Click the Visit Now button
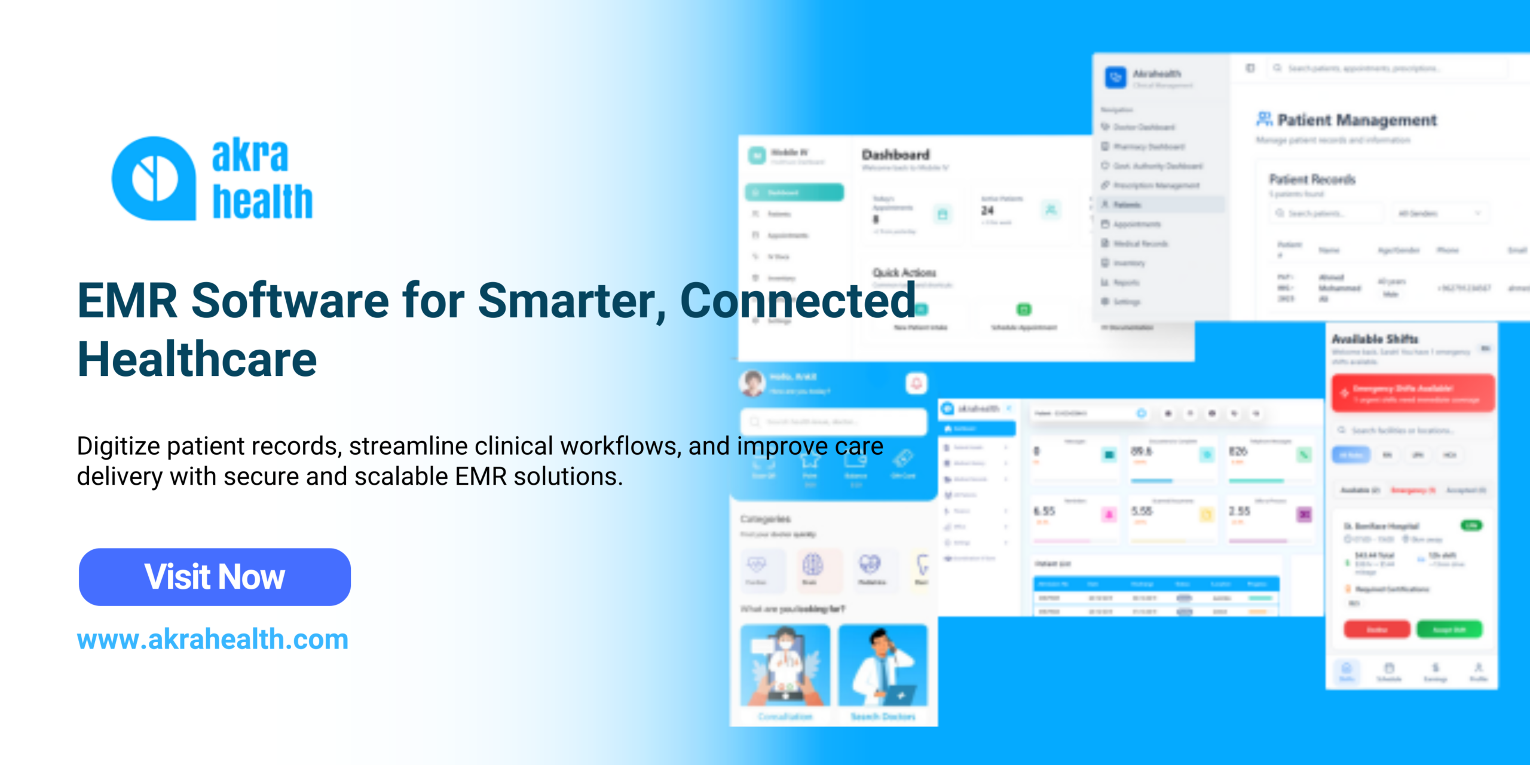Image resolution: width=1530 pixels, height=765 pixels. coord(215,577)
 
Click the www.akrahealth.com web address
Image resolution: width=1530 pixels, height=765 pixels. coord(212,639)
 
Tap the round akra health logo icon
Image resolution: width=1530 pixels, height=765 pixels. coord(154,178)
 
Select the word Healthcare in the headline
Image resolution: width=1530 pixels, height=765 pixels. coord(197,359)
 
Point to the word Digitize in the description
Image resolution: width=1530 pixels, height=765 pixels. coord(118,446)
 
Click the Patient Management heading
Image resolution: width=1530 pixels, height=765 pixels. coord(1357,120)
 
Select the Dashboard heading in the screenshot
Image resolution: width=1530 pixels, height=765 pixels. coord(895,155)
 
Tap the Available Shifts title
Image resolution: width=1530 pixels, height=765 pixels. coord(1375,339)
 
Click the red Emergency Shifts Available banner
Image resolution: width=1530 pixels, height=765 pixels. coord(1413,393)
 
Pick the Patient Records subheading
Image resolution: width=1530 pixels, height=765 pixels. coord(1312,179)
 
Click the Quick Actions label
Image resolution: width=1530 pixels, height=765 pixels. coord(904,273)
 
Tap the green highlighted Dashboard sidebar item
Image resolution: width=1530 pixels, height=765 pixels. coord(794,192)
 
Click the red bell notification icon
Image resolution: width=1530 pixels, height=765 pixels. coord(916,382)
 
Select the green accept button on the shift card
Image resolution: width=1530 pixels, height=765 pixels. coord(1449,629)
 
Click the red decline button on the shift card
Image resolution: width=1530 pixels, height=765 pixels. coord(1377,629)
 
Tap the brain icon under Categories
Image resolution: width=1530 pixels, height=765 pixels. coord(812,565)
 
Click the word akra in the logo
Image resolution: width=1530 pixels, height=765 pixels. coord(250,155)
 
